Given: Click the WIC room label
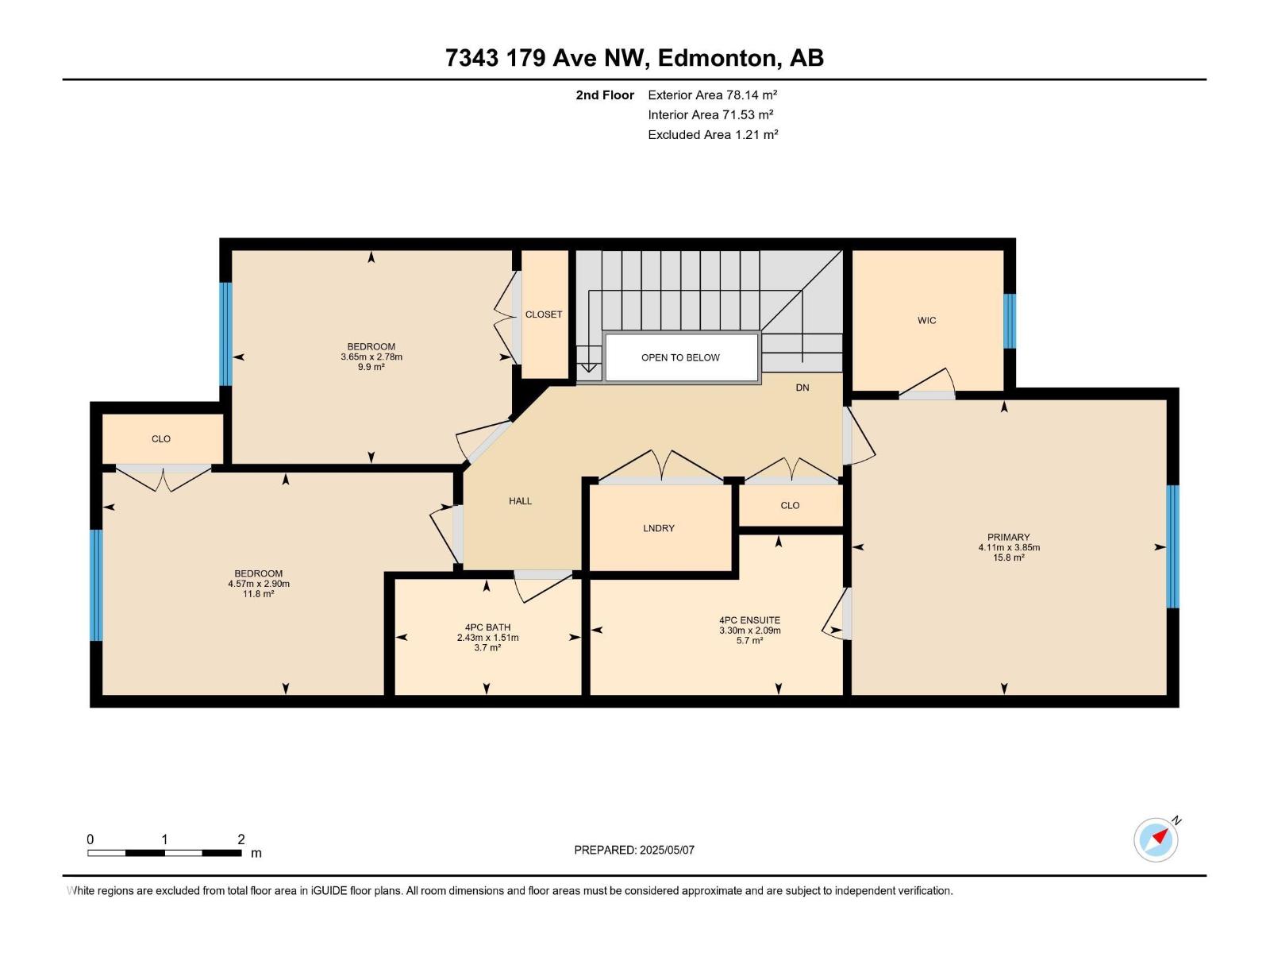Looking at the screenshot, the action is pyautogui.click(x=926, y=321).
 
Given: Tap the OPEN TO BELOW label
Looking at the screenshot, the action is pyautogui.click(x=680, y=357).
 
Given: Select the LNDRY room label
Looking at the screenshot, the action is pyautogui.click(x=659, y=528).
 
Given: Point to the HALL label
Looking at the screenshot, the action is pyautogui.click(x=520, y=501).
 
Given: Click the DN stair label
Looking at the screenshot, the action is pyautogui.click(x=802, y=388).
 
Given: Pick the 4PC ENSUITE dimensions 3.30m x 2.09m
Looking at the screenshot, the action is pyautogui.click(x=750, y=631).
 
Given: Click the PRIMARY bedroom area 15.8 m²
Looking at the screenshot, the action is pyautogui.click(x=1009, y=558).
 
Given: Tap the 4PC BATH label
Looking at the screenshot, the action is pyautogui.click(x=487, y=627).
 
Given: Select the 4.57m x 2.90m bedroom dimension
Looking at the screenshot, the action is pyautogui.click(x=259, y=584).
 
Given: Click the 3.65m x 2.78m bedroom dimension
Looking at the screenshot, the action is pyautogui.click(x=371, y=357).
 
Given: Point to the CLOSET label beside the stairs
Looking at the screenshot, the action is pyautogui.click(x=544, y=314).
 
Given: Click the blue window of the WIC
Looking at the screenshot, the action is pyautogui.click(x=1010, y=321).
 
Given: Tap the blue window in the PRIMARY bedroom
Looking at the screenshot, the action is pyautogui.click(x=1173, y=547).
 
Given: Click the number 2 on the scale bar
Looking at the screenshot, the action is pyautogui.click(x=241, y=839).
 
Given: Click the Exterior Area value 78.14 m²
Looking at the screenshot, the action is pyautogui.click(x=752, y=95).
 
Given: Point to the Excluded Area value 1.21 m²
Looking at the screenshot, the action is pyautogui.click(x=756, y=135).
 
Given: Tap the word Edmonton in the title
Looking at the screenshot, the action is pyautogui.click(x=716, y=58).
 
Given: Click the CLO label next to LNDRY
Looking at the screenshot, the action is pyautogui.click(x=790, y=506).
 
